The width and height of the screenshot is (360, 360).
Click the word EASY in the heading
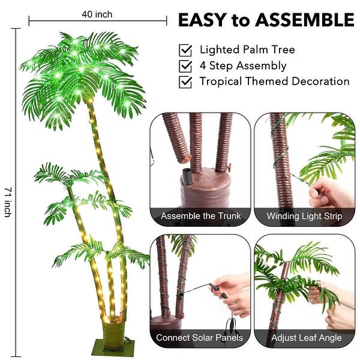click(203, 20)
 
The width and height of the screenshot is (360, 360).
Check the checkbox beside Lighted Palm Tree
click(186, 50)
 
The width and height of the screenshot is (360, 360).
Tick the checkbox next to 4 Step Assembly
click(186, 66)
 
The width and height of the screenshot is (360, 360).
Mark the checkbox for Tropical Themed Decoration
click(186, 82)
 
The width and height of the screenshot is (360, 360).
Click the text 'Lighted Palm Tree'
click(247, 50)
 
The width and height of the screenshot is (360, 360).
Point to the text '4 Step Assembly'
click(243, 65)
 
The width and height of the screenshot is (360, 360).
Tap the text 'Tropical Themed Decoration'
click(274, 81)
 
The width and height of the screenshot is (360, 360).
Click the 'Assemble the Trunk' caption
click(200, 216)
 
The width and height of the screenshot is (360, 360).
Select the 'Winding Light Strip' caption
click(304, 216)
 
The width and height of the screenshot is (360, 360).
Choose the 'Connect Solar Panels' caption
click(199, 338)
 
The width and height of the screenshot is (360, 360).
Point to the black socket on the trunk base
click(187, 178)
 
